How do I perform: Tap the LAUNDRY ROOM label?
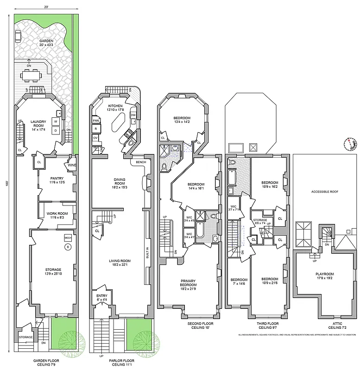pos(39,122)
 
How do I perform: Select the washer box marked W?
pos(56,122)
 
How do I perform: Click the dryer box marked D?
pos(56,130)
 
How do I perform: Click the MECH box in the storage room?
pos(68,237)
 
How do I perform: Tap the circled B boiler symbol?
pos(68,247)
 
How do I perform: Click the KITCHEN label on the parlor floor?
pos(115,106)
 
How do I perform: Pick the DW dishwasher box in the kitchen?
pos(133,115)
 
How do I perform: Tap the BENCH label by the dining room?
pos(140,162)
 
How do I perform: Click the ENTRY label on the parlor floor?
pos(102,295)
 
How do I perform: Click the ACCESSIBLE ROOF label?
pos(323,192)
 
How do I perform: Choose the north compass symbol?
pos(350,145)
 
